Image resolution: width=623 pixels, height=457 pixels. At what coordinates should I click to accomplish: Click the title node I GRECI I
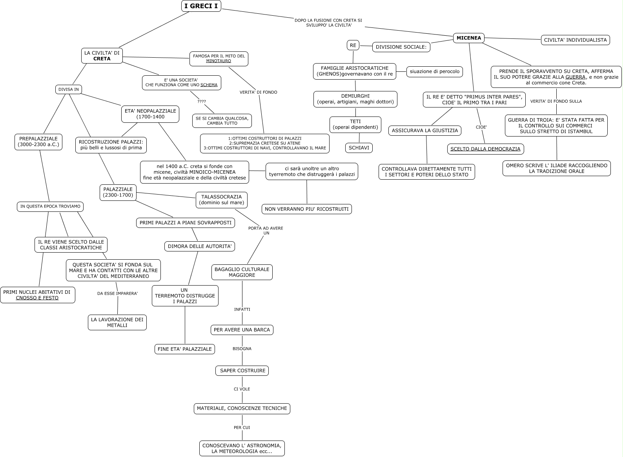[201, 6]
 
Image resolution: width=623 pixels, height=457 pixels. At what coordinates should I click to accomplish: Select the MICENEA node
[469, 38]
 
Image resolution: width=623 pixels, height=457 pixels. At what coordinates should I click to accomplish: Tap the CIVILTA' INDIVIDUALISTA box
[575, 40]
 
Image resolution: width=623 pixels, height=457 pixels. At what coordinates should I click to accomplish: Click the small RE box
[353, 46]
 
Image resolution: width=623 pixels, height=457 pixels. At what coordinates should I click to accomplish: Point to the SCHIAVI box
[359, 148]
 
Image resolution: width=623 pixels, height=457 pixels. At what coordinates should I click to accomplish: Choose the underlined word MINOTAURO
[219, 61]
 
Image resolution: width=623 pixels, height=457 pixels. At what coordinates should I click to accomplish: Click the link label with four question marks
[202, 102]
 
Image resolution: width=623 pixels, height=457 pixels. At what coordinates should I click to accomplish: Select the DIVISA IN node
[69, 89]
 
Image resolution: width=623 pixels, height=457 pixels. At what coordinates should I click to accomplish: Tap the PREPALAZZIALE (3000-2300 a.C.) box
[38, 142]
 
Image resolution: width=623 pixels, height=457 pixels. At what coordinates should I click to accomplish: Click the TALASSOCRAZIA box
[222, 200]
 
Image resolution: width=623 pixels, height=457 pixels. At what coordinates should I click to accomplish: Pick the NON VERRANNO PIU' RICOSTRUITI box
[306, 209]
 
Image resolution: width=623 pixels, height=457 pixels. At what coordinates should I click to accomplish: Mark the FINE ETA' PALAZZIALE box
[184, 349]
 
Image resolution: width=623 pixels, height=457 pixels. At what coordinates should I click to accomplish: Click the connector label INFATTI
[242, 310]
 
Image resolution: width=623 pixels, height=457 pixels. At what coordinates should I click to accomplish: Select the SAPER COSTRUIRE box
[242, 371]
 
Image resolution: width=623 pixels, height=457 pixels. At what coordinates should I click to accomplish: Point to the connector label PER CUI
[242, 428]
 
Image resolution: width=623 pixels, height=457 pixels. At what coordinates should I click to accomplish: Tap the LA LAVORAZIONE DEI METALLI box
[117, 322]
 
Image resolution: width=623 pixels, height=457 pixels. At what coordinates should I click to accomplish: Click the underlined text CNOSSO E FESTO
[37, 298]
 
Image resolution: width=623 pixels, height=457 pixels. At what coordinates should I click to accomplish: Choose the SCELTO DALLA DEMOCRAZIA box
[485, 149]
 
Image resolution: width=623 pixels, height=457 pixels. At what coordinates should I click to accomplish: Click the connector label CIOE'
[481, 127]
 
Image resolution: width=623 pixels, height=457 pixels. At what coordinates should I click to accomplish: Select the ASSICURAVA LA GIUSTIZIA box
[425, 131]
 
